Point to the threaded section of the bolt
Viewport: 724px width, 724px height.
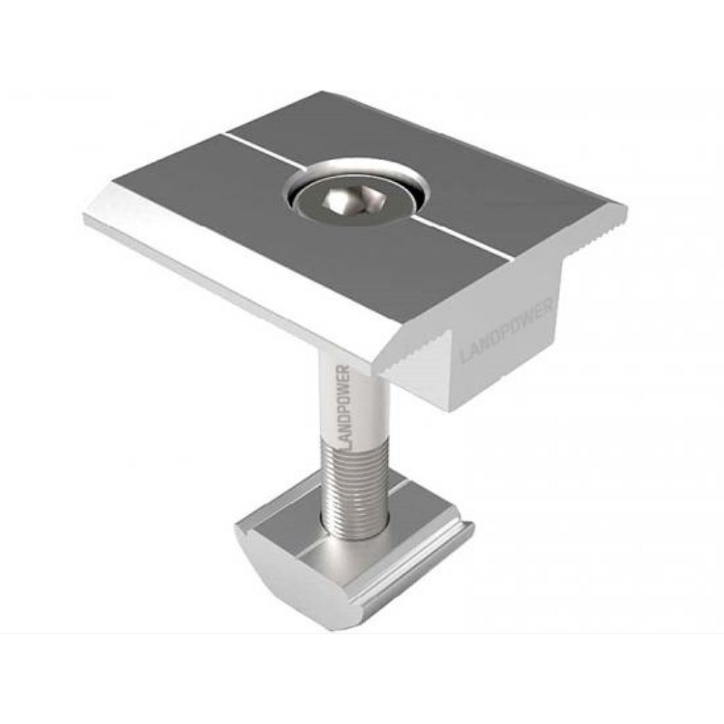(354, 481)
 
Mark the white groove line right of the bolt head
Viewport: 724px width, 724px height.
(460, 237)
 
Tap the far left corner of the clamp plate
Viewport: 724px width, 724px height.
(87, 216)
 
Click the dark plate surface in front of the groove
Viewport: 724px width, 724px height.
(283, 255)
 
